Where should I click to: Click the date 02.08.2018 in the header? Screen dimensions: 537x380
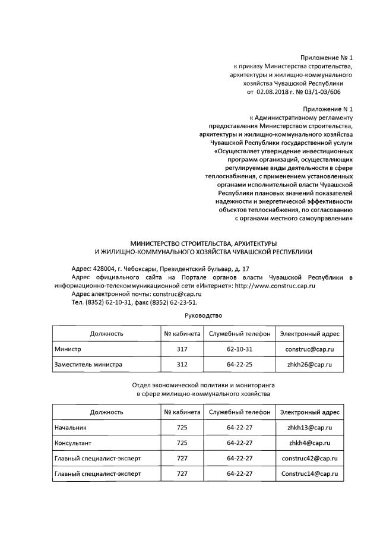pyautogui.click(x=271, y=92)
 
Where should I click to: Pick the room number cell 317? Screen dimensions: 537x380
pyautogui.click(x=182, y=349)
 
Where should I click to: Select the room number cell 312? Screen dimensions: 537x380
pyautogui.click(x=182, y=364)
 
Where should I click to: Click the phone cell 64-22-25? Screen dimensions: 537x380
pyautogui.click(x=240, y=364)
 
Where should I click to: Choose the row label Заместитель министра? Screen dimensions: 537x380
pyautogui.click(x=88, y=364)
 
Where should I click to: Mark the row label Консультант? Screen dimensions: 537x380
pyautogui.click(x=73, y=443)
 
